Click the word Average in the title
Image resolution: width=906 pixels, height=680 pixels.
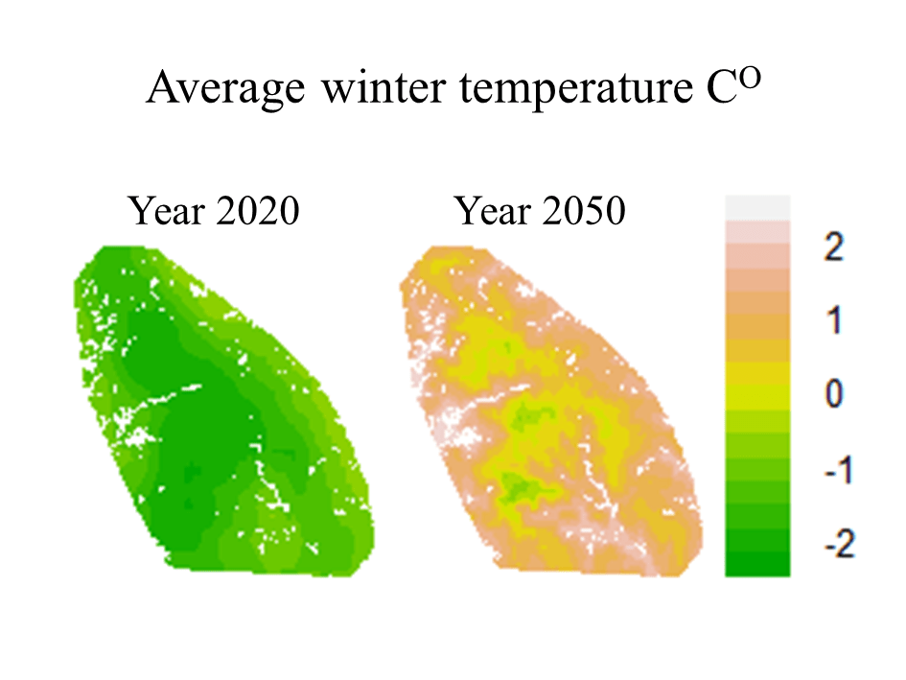221,90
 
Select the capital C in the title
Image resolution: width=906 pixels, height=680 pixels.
720,90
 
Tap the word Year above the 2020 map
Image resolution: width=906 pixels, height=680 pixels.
166,211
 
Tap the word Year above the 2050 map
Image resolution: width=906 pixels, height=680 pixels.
492,211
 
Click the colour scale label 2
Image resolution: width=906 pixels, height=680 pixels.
833,247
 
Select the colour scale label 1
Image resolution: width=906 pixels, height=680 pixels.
833,321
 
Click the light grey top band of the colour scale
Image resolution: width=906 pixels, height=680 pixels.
757,206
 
